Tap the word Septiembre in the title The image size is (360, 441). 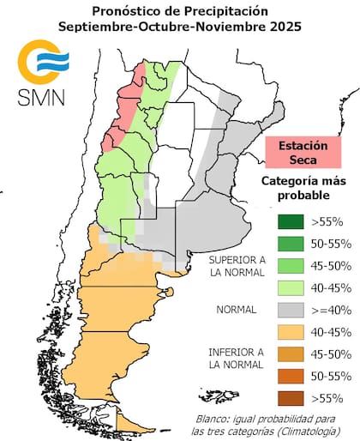coord(95,27)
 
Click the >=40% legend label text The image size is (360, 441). coord(328,310)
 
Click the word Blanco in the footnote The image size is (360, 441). coord(211,419)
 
